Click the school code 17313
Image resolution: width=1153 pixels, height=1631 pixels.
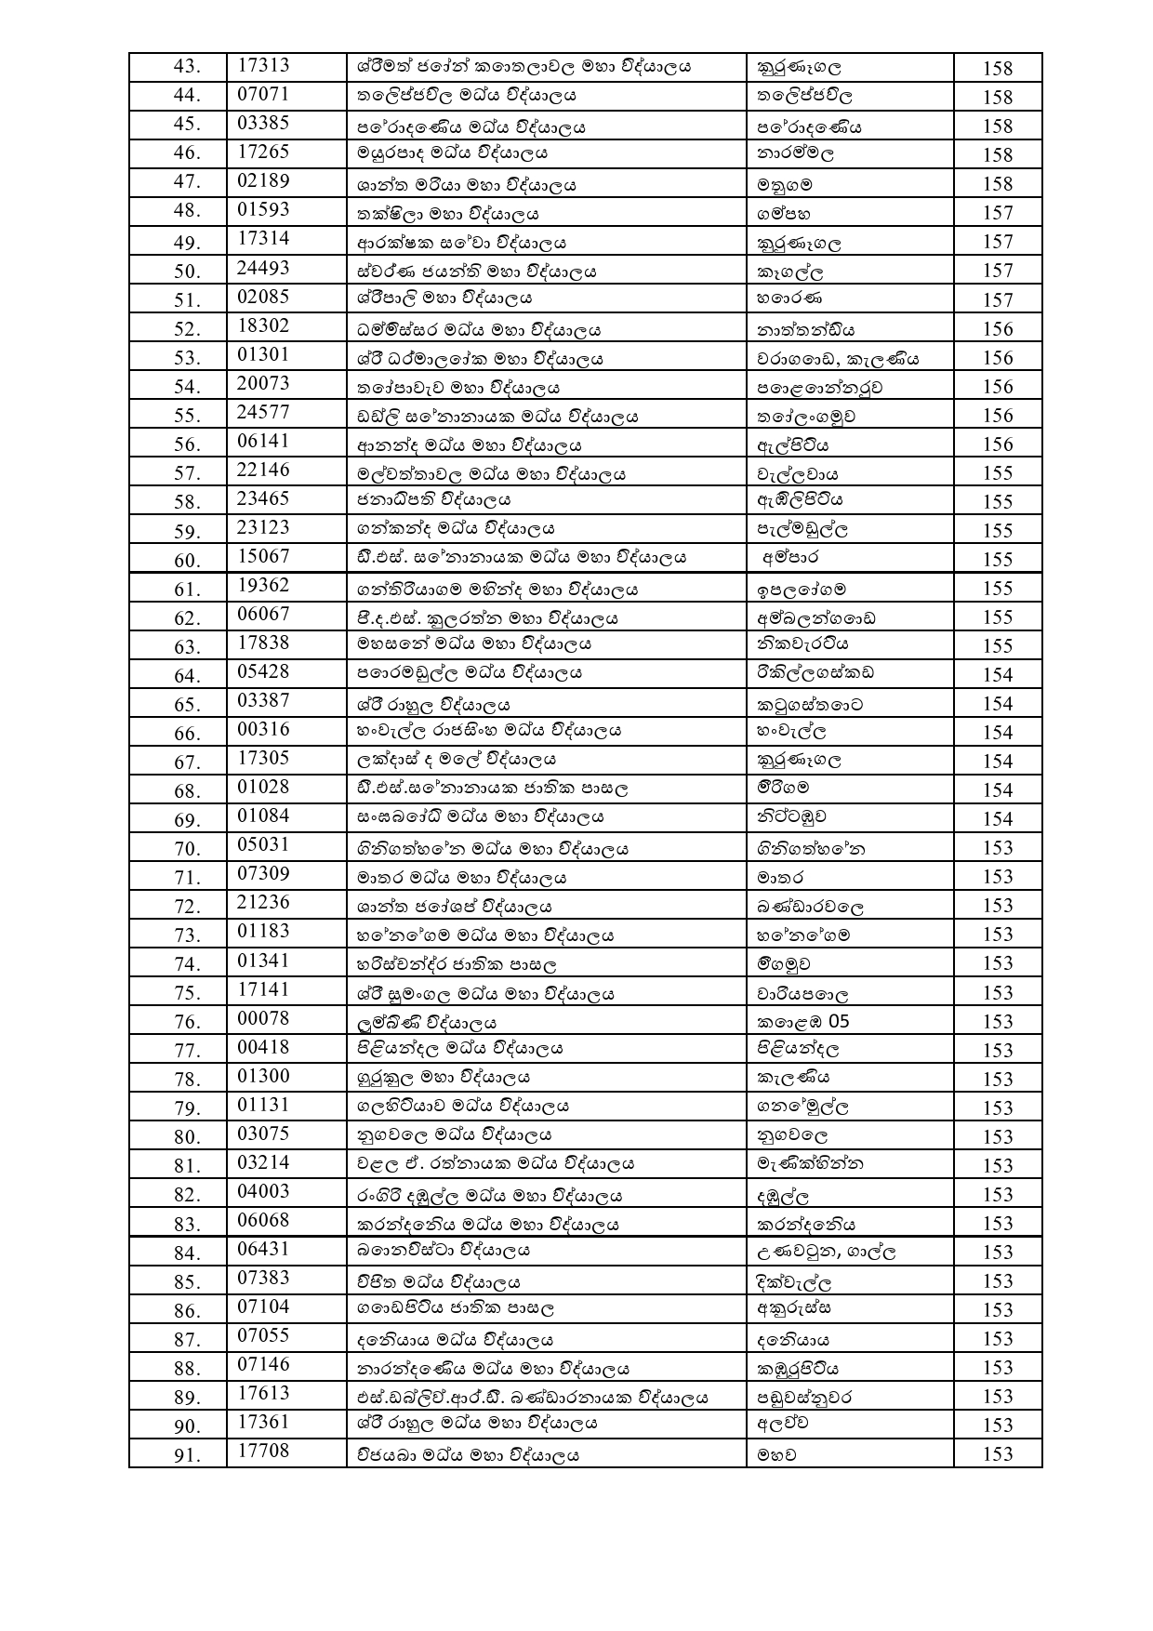tap(263, 66)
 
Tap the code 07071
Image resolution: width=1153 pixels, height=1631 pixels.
tap(263, 95)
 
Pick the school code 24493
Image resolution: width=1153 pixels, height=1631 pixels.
tap(263, 268)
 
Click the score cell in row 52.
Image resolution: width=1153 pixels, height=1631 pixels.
tap(997, 328)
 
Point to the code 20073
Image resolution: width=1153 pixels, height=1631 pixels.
tap(263, 383)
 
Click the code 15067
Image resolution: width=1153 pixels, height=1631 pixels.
tap(263, 556)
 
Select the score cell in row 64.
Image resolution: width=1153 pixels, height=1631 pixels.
tap(997, 674)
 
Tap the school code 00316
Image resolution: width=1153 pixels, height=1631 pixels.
tap(263, 729)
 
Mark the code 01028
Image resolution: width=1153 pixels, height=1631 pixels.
tap(263, 787)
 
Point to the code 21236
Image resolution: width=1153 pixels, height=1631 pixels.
tap(263, 902)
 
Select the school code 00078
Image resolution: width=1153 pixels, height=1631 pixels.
tap(263, 1018)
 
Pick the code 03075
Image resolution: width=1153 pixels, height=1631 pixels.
tap(263, 1134)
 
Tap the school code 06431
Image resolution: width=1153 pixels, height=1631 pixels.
tap(263, 1249)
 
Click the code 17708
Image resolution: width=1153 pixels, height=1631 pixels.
tap(263, 1451)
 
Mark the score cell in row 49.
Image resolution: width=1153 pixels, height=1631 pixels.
tap(997, 242)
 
